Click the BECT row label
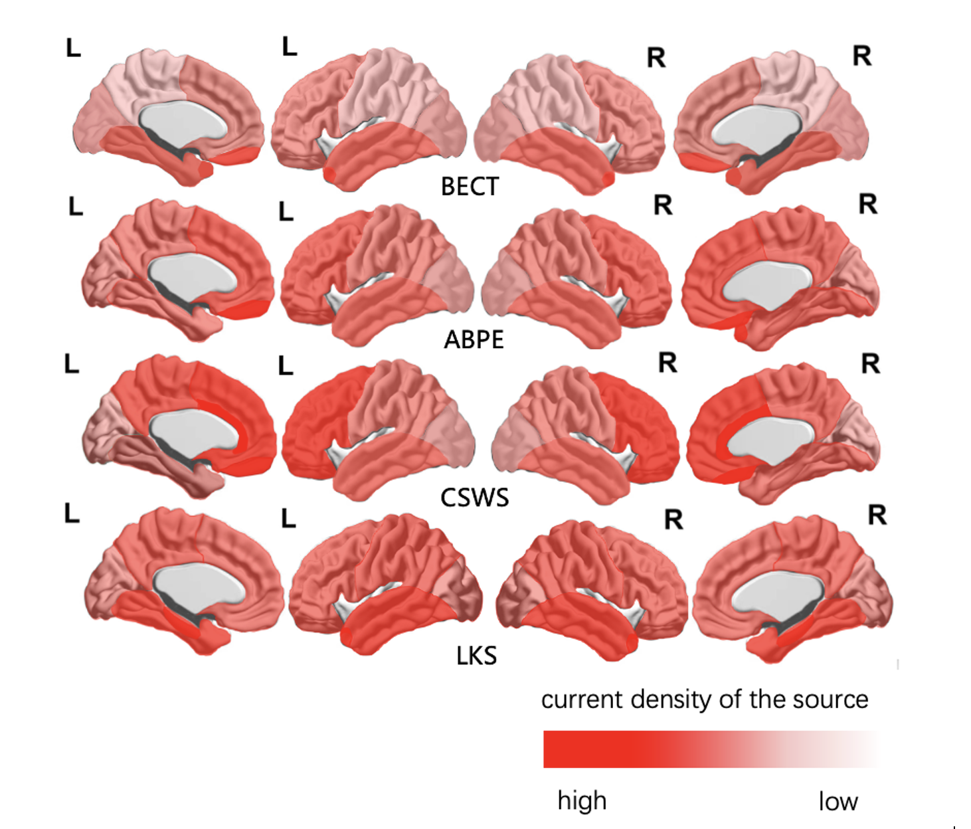[470, 187]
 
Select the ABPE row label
[474, 339]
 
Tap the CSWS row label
[474, 498]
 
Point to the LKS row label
[476, 656]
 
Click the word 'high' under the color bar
[582, 800]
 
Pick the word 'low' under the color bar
[838, 801]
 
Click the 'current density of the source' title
[704, 699]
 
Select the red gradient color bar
[709, 749]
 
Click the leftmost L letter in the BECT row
[73, 48]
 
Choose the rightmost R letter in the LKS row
[877, 515]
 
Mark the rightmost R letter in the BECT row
[861, 56]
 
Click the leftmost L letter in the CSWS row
[71, 364]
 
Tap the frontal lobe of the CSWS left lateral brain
[315, 425]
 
